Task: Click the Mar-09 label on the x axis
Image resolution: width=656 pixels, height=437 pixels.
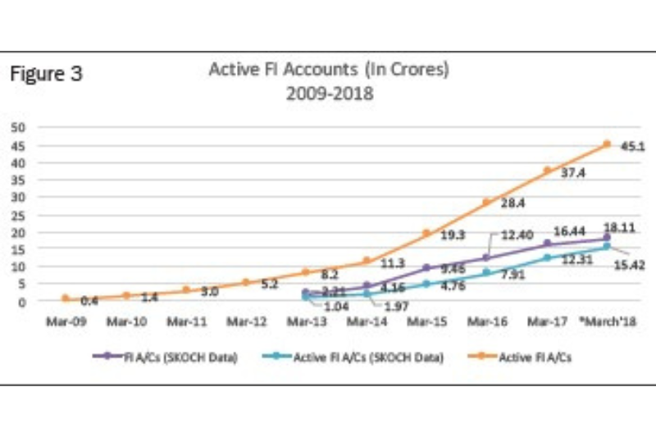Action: [x=70, y=322]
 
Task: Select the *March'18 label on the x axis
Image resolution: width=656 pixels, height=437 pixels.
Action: [x=607, y=322]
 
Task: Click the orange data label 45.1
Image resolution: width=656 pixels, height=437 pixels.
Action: [x=632, y=148]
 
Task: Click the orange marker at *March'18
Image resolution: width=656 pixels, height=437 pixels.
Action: [x=607, y=143]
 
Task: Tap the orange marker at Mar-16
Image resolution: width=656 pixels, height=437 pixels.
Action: [x=486, y=202]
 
